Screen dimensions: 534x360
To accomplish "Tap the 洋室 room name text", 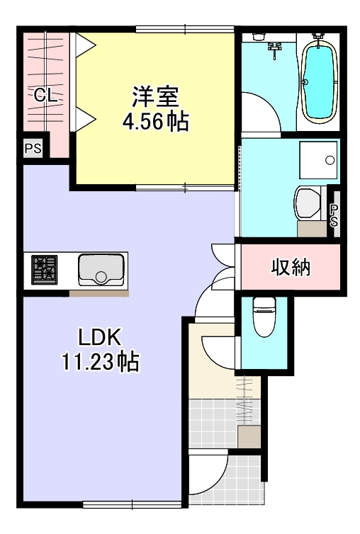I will click(x=155, y=95).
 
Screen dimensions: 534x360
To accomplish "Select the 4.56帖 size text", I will click(x=155, y=121).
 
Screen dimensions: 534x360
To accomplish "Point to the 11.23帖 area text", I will click(x=99, y=363).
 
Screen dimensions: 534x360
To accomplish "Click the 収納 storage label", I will click(x=291, y=268).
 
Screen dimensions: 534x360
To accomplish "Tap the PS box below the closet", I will click(x=33, y=149).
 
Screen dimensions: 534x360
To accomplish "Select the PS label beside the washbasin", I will click(x=333, y=210).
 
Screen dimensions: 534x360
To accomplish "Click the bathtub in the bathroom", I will click(x=318, y=81).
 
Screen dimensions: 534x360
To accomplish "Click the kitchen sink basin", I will click(x=101, y=269).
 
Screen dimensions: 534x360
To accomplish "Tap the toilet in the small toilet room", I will click(x=264, y=316).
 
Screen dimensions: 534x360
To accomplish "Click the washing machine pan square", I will click(x=320, y=159).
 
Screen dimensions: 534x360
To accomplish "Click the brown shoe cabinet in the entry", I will click(x=247, y=436).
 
